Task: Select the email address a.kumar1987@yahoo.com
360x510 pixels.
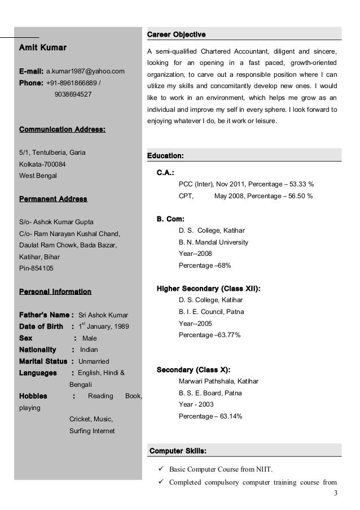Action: pyautogui.click(x=85, y=73)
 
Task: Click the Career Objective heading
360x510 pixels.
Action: pyautogui.click(x=176, y=35)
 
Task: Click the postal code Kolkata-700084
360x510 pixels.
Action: pyautogui.click(x=42, y=164)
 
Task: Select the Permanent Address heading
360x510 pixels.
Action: pyautogui.click(x=53, y=199)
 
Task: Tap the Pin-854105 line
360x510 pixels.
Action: pyautogui.click(x=37, y=268)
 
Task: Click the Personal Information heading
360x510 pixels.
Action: pyautogui.click(x=55, y=292)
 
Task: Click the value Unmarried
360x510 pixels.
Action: pyautogui.click(x=94, y=361)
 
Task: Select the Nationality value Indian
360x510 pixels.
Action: pyautogui.click(x=89, y=350)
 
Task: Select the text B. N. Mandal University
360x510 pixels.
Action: pyautogui.click(x=213, y=242)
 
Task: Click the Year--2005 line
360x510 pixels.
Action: pyautogui.click(x=195, y=324)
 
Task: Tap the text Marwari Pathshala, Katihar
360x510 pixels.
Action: pyautogui.click(x=218, y=382)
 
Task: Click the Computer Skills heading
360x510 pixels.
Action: pyautogui.click(x=177, y=451)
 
